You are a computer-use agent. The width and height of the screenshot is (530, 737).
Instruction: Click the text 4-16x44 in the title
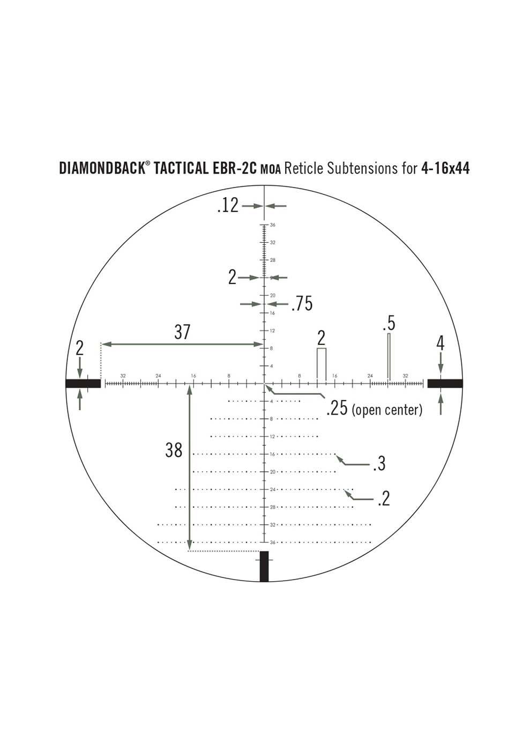click(x=445, y=169)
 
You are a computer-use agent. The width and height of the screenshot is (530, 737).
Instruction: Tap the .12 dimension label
click(x=228, y=206)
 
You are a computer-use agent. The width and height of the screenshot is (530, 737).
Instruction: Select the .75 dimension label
click(x=301, y=304)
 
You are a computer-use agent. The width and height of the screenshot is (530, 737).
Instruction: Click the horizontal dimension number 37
click(x=182, y=332)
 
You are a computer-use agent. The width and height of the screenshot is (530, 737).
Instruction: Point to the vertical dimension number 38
click(x=174, y=450)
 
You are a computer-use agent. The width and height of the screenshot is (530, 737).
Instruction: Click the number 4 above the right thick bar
click(x=441, y=343)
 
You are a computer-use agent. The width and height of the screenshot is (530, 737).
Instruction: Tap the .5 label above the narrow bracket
click(x=389, y=324)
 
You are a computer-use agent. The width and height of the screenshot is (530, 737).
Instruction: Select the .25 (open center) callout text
click(x=374, y=410)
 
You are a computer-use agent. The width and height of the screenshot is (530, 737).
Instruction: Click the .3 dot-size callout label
click(x=379, y=463)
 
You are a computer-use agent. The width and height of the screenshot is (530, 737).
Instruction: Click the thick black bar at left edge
click(x=83, y=383)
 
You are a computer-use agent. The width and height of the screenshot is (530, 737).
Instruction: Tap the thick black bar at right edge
click(x=445, y=383)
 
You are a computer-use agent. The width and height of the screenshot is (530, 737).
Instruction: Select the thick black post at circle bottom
click(x=264, y=567)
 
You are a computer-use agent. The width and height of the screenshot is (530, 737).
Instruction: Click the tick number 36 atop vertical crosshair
click(x=273, y=225)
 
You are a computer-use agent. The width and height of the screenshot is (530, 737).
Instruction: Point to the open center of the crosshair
click(x=264, y=383)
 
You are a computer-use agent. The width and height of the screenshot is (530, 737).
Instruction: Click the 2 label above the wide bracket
click(x=322, y=339)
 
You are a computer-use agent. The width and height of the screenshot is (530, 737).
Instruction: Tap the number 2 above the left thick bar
click(x=80, y=349)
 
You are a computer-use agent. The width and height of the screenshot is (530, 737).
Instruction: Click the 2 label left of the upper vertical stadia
click(x=232, y=277)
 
